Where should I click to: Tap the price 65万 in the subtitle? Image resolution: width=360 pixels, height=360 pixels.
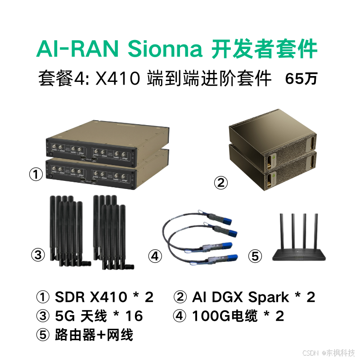pyautogui.click(x=301, y=79)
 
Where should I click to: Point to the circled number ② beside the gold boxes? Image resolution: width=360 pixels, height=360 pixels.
pyautogui.click(x=220, y=182)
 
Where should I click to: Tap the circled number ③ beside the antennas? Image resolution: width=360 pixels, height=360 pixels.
pyautogui.click(x=38, y=255)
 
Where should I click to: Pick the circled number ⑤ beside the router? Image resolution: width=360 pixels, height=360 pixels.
pyautogui.click(x=255, y=256)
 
